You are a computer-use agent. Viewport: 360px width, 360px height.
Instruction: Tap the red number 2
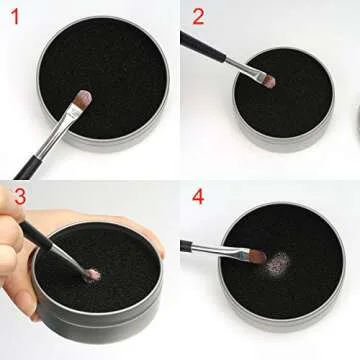pyautogui.click(x=198, y=17)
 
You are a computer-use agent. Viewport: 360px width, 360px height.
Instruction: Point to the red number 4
pyautogui.click(x=199, y=195)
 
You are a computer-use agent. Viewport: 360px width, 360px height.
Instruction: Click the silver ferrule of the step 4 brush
pyautogui.click(x=230, y=249)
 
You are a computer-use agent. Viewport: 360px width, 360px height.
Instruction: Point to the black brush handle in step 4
pyautogui.click(x=195, y=243)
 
